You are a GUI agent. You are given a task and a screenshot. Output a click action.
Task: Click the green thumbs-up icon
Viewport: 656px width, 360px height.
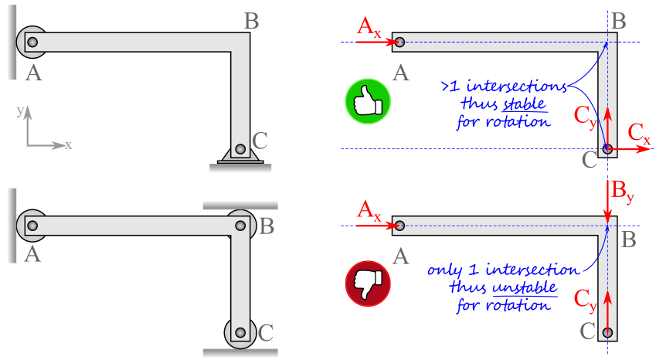368,101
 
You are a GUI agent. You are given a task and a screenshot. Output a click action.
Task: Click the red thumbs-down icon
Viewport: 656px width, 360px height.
368,284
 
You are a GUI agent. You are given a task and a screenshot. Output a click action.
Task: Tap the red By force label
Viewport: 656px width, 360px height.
623,192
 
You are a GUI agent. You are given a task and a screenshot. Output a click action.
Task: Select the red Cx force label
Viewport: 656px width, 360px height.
639,134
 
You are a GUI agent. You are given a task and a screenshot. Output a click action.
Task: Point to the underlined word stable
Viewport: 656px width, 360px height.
525,104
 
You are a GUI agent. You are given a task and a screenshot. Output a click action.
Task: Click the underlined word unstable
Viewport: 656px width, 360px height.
525,287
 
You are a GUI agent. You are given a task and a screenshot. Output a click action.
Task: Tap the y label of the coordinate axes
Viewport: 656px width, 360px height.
20,110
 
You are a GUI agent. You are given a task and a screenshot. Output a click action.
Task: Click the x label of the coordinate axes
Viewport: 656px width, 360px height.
68,145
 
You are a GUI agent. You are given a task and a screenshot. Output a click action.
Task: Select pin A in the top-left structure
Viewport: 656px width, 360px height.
32,42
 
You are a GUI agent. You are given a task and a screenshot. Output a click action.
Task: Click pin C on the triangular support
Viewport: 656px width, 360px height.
240,149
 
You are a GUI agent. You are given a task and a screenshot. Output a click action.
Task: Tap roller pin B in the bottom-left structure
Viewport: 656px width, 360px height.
240,226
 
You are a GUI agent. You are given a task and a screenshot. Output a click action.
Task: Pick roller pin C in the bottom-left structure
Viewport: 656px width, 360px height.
240,332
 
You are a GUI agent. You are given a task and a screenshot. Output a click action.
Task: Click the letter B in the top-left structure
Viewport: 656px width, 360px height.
251,21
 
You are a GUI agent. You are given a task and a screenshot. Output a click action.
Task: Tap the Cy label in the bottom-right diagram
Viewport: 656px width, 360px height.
585,300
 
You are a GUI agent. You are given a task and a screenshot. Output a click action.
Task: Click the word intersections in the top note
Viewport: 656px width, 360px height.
517,86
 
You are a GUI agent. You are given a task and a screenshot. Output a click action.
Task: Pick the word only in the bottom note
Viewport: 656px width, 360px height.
444,271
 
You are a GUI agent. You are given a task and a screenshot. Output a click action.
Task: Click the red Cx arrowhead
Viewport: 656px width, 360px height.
644,149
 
